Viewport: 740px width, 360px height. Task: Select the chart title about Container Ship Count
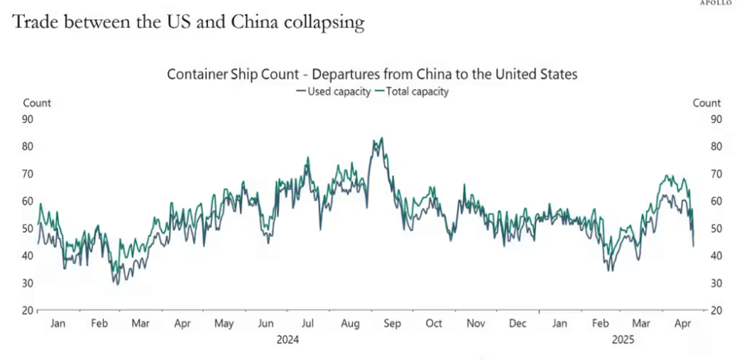(372, 75)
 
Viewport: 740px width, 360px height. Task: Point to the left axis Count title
(37, 103)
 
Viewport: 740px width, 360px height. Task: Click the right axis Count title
(706, 103)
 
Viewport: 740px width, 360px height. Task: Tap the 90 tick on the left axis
(28, 119)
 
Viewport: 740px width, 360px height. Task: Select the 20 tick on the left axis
(28, 310)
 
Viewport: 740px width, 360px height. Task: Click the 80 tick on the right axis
(716, 147)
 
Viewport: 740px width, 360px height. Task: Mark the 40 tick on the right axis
(716, 256)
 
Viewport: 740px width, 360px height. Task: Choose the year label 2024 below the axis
(288, 339)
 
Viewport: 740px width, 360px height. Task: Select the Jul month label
(309, 323)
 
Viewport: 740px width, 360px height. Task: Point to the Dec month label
(518, 323)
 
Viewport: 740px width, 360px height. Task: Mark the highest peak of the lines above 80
(382, 138)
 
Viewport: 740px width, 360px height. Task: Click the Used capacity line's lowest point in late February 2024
(116, 283)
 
